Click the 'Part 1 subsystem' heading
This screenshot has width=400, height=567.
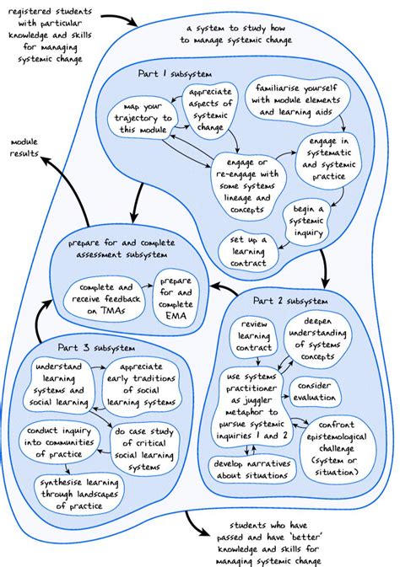click(176, 74)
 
